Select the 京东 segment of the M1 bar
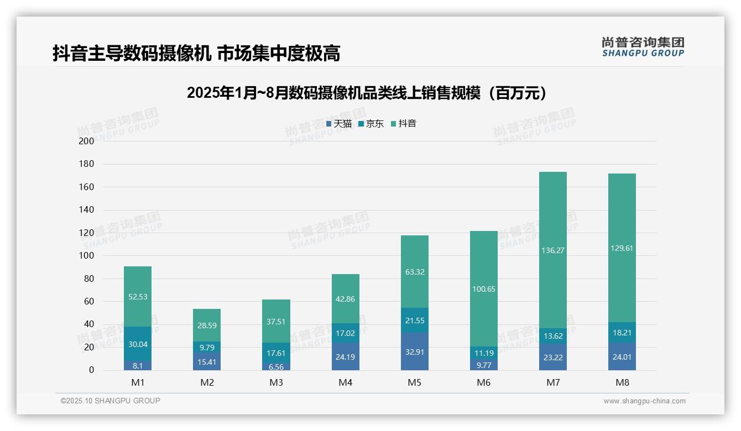tap(138, 344)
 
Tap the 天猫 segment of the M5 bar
tap(414, 351)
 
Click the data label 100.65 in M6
tap(484, 289)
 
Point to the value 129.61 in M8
tap(622, 248)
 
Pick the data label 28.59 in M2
tap(207, 325)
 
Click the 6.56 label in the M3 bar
tap(276, 366)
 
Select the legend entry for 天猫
tap(339, 124)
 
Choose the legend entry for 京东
tap(371, 124)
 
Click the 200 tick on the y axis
tap(86, 141)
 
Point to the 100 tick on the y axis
tap(86, 256)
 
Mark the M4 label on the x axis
tap(346, 382)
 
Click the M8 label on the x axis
tap(622, 382)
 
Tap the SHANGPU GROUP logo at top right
tap(643, 47)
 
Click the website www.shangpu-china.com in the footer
tap(644, 401)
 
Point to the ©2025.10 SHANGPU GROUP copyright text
tap(111, 401)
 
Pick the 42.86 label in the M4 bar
tap(346, 298)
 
